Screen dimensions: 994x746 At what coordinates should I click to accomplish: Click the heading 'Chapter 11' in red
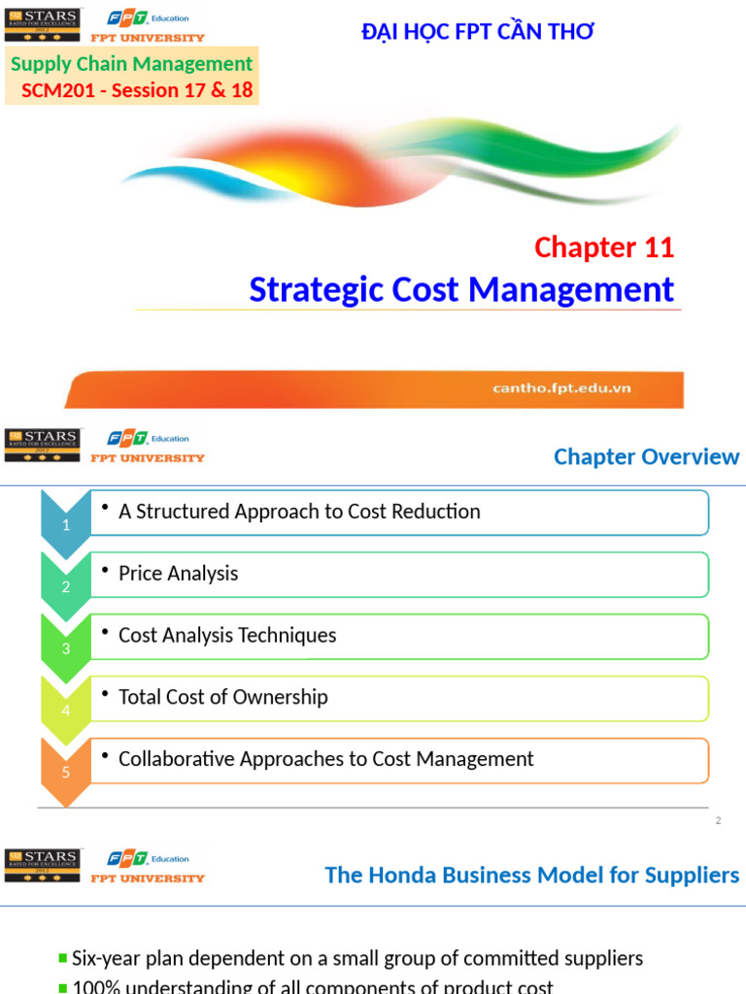(603, 248)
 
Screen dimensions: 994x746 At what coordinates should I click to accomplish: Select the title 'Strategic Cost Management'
(461, 289)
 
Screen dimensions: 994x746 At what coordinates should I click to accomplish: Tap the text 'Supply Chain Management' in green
(131, 64)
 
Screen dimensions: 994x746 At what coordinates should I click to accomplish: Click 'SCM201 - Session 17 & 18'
(137, 90)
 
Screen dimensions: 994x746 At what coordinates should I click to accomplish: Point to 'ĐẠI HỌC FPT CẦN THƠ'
(477, 32)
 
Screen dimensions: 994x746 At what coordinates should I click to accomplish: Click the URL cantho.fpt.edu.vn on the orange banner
(561, 388)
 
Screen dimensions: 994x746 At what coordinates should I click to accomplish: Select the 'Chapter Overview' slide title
(646, 456)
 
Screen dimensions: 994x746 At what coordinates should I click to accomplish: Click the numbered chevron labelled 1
(66, 525)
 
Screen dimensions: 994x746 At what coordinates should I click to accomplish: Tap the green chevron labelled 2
(66, 587)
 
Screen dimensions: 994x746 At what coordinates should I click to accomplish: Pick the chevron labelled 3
(66, 648)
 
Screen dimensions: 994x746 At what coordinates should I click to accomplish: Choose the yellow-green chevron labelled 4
(66, 711)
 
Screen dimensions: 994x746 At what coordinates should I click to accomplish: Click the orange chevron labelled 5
(66, 773)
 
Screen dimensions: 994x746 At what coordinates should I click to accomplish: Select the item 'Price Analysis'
(178, 574)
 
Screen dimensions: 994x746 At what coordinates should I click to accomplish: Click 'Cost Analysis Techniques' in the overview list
(227, 636)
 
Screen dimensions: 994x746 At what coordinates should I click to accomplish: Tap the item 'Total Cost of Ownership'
(222, 697)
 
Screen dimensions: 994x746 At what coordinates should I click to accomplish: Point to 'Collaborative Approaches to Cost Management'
(325, 759)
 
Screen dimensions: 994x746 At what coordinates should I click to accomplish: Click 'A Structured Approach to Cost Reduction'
(299, 512)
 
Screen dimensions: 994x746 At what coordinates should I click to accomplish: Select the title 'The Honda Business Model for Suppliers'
(531, 876)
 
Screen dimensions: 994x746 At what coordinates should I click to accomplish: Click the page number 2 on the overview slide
(718, 821)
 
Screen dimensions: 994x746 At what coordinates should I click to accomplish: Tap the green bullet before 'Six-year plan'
(63, 959)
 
